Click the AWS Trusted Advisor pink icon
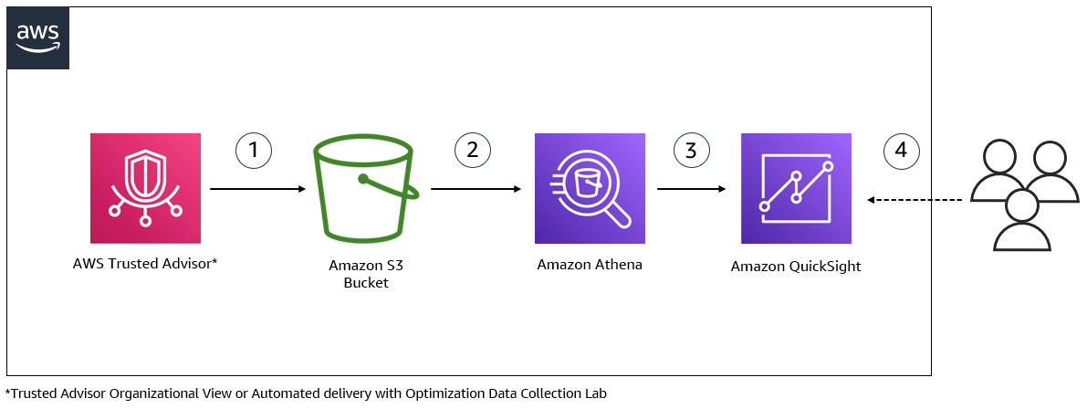(x=145, y=188)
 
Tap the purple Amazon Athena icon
(x=590, y=189)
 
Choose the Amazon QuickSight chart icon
(x=796, y=189)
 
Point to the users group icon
(x=1022, y=195)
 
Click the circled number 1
(x=254, y=150)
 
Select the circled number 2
(x=472, y=150)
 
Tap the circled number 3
(x=691, y=150)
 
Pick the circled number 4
(x=901, y=150)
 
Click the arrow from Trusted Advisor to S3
(x=257, y=189)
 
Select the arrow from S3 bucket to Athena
(x=476, y=189)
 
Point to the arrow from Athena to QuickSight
(x=691, y=189)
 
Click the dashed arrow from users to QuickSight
(x=915, y=199)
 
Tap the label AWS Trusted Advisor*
(x=145, y=264)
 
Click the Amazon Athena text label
(x=590, y=265)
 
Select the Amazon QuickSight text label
(x=796, y=267)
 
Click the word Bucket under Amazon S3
(x=366, y=283)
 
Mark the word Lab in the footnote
(x=595, y=393)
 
